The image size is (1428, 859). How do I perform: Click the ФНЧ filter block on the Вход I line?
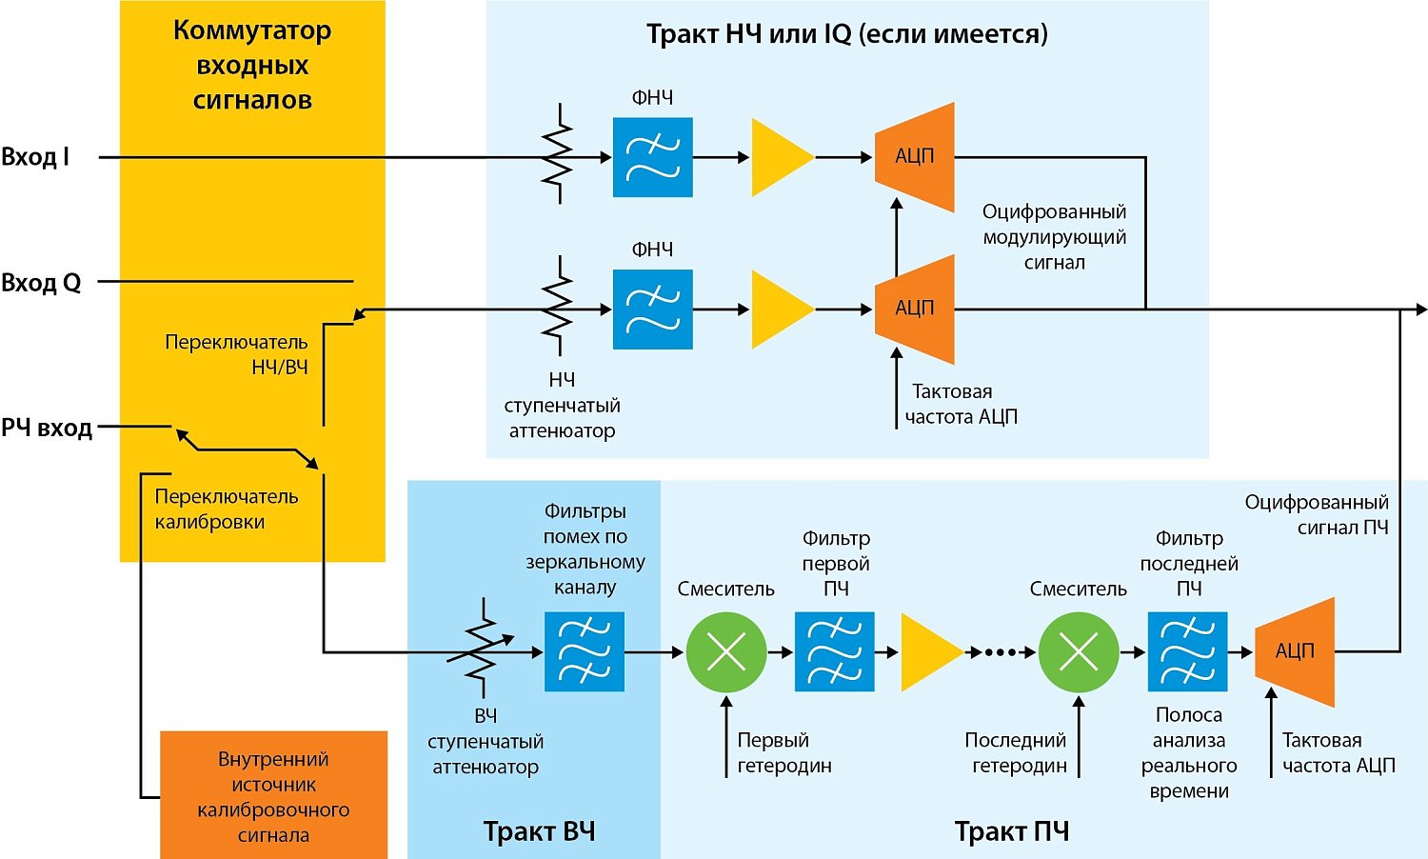coord(652,157)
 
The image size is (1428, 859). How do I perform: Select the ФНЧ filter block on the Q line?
coord(652,310)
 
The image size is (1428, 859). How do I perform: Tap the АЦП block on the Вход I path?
coord(915,157)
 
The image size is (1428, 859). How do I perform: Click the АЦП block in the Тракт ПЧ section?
coord(1295,651)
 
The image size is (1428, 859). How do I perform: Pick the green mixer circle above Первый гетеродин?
coord(726,652)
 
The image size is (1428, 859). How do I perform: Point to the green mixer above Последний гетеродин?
coord(1079,652)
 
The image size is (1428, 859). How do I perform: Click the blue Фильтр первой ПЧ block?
coord(835,652)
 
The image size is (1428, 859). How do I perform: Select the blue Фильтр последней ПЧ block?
coord(1187,652)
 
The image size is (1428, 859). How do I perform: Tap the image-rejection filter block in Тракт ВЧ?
coord(585,651)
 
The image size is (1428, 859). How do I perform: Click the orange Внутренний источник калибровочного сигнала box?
coord(273,796)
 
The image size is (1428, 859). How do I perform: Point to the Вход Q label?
coord(41,283)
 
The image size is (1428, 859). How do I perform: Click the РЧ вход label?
coord(47,429)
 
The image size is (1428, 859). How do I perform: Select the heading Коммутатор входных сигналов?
coord(252,65)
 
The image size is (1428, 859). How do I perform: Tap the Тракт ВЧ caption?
coord(539,831)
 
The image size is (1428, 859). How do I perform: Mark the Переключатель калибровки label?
coord(227,509)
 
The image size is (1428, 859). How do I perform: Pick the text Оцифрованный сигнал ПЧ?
coord(1317,514)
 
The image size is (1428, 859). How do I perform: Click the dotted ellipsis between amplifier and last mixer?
coord(1001,652)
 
